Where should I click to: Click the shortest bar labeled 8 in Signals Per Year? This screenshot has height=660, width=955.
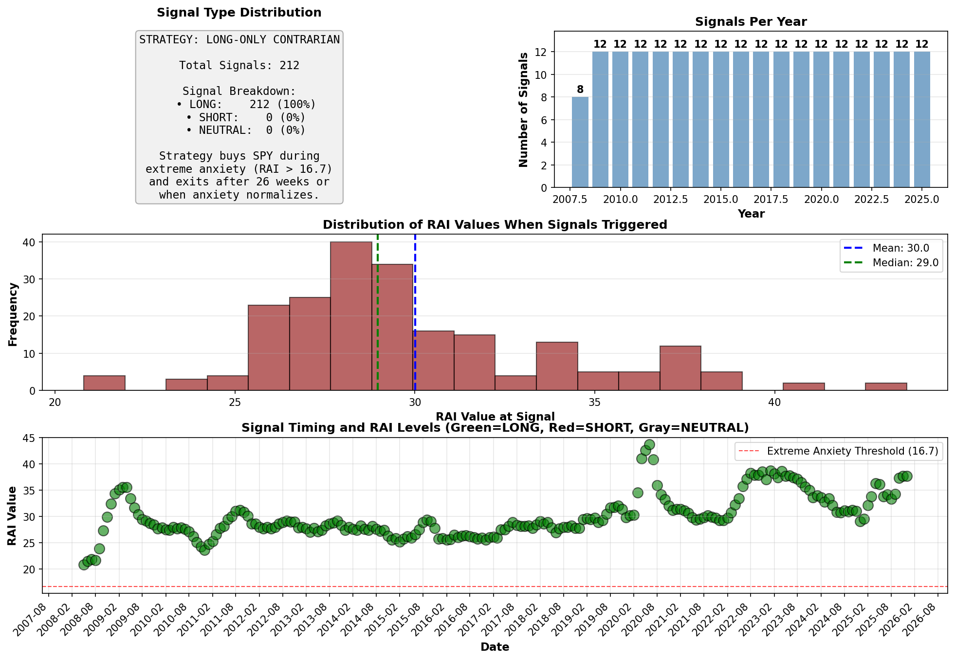580,142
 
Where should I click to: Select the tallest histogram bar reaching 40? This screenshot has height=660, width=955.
351,316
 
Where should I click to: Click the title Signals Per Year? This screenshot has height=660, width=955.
751,22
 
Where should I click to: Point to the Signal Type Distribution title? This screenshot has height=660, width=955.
239,13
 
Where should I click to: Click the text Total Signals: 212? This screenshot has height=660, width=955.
239,65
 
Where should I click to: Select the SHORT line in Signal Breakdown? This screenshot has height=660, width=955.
246,117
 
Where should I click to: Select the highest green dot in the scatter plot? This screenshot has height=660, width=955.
649,444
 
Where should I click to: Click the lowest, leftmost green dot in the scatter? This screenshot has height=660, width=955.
84,565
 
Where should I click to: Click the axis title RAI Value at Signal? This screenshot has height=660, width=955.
495,417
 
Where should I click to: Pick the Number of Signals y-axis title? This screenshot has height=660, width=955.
524,110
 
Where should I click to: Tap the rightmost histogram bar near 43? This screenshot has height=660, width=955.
886,386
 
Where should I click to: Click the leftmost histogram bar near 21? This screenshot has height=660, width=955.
104,383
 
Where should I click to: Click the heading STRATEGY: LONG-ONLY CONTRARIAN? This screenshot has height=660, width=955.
239,40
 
